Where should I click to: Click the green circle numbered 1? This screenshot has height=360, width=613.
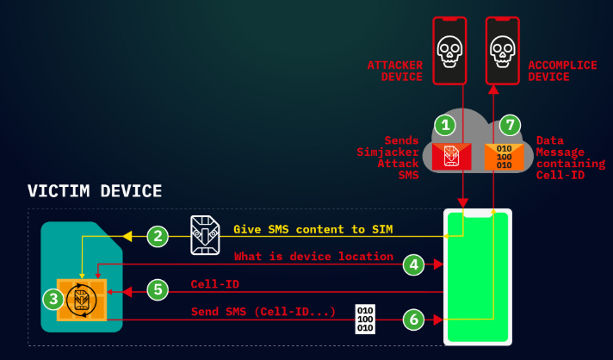click(445, 125)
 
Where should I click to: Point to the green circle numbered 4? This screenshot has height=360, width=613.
click(414, 265)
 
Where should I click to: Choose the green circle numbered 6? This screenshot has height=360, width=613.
click(414, 319)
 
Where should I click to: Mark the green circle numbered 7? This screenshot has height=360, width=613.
click(511, 125)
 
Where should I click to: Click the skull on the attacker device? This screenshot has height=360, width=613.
click(448, 51)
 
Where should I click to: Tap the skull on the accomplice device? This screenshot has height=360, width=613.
click(503, 51)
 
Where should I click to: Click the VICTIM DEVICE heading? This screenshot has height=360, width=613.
click(95, 190)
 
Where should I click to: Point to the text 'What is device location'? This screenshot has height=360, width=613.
click(313, 257)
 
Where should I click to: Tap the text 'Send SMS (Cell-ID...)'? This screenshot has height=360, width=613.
click(263, 311)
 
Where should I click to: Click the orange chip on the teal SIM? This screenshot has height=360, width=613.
click(82, 299)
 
